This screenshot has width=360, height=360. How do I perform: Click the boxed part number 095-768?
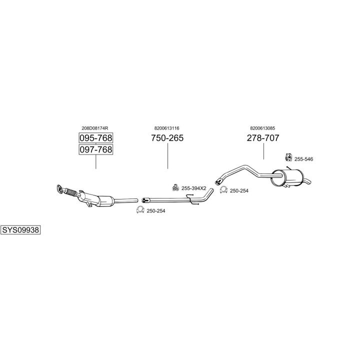(96, 138)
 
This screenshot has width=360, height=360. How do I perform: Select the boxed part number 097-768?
(96, 149)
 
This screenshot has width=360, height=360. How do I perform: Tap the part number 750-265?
(167, 138)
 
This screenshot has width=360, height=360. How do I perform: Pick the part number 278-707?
(263, 138)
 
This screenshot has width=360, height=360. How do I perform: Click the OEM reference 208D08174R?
(95, 128)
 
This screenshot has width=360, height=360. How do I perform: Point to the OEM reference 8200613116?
(166, 128)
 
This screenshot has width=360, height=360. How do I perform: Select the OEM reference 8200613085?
(262, 128)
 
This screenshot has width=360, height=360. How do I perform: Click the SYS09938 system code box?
(20, 229)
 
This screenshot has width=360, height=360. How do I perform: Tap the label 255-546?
(303, 159)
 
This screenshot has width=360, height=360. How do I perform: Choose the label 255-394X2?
(194, 188)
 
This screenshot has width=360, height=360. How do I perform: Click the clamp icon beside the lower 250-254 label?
(140, 210)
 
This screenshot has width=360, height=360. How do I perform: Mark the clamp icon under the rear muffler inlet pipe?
(223, 189)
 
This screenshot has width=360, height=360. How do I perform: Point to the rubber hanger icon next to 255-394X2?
(175, 187)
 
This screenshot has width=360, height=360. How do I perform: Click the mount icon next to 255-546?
(288, 157)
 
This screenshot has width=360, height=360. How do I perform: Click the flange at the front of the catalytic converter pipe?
(59, 188)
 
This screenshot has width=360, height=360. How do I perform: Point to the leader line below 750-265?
(167, 156)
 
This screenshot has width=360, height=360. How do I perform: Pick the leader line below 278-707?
(263, 151)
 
